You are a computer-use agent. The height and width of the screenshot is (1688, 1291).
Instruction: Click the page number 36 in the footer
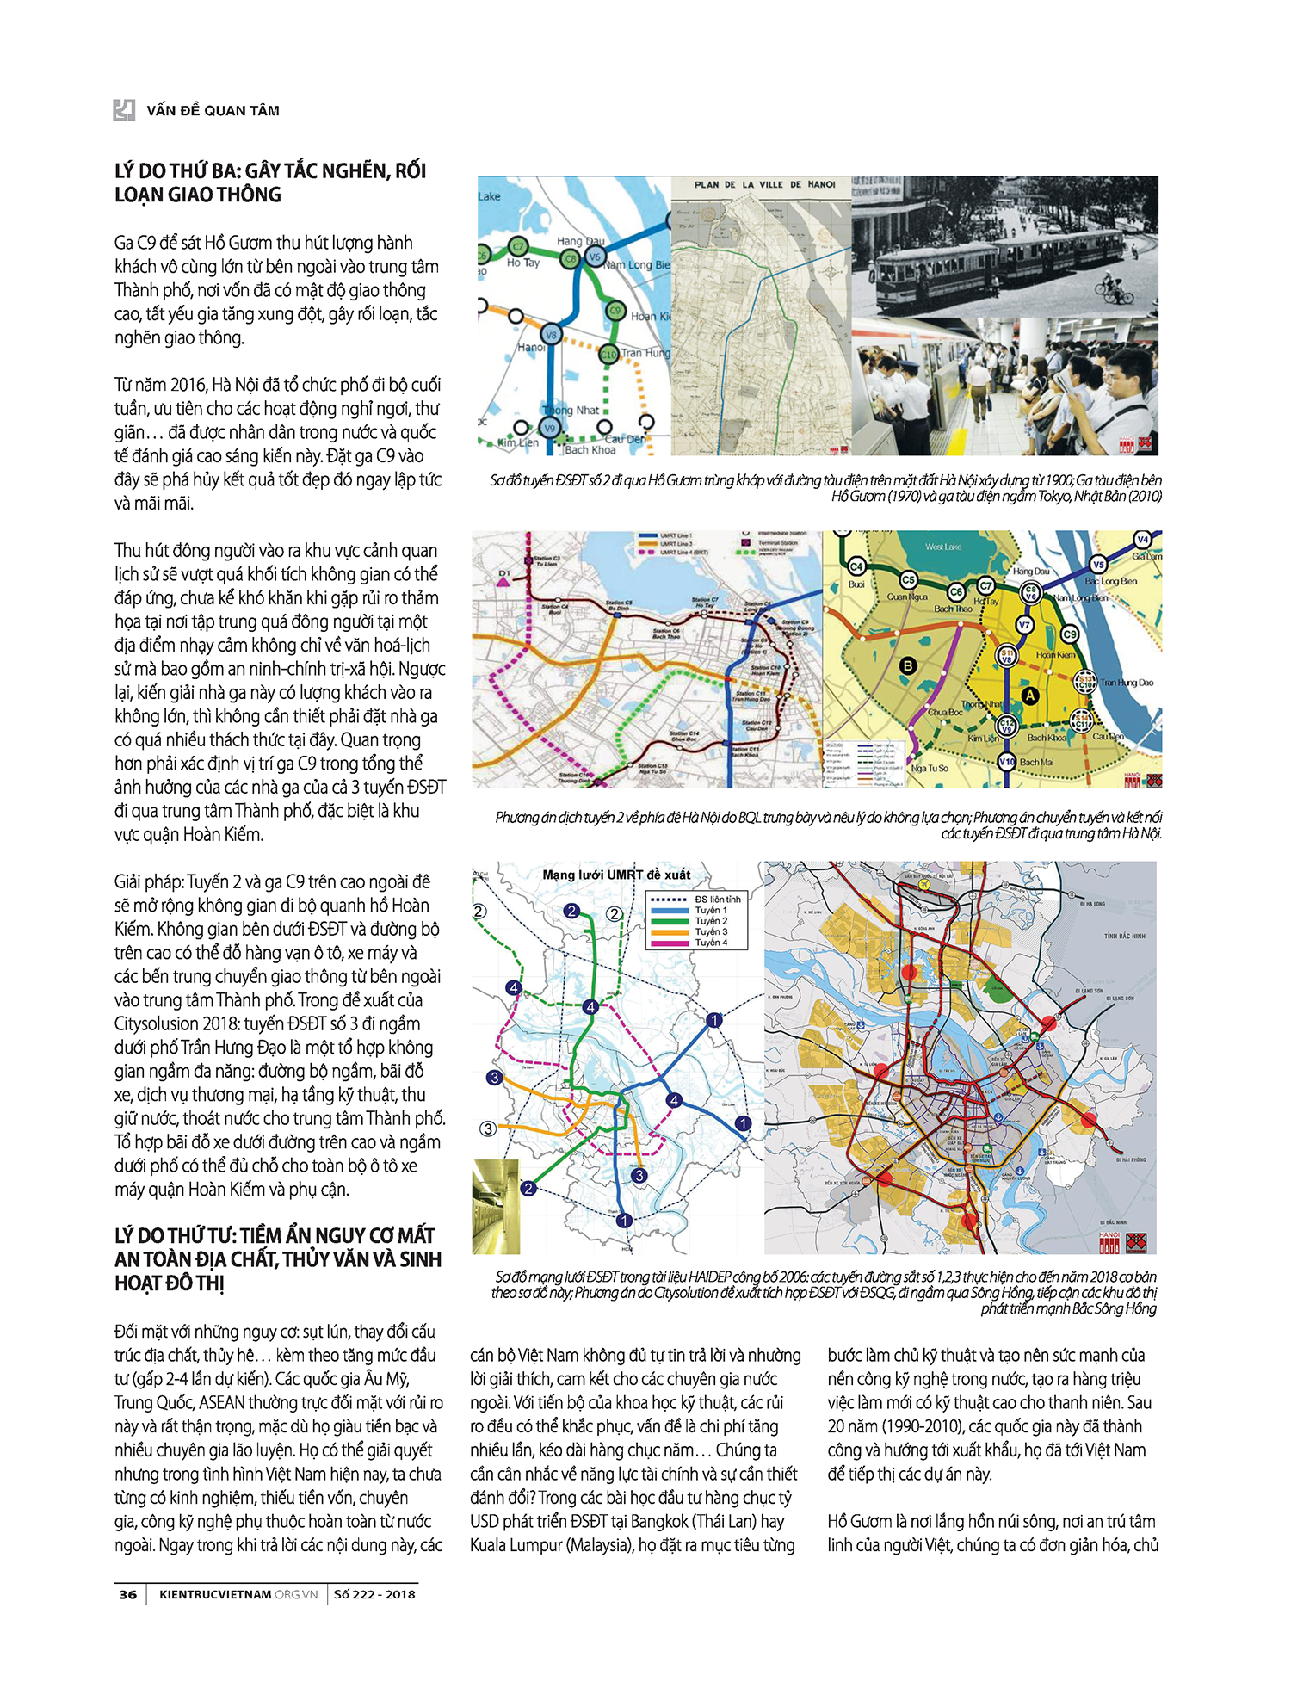[127, 1594]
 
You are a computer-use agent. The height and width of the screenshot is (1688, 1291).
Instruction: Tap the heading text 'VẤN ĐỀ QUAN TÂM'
[213, 110]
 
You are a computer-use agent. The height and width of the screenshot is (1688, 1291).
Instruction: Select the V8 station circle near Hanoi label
[551, 334]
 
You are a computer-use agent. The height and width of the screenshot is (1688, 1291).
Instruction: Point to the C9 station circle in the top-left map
[615, 311]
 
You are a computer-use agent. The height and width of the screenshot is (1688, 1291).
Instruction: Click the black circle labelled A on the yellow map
[1029, 696]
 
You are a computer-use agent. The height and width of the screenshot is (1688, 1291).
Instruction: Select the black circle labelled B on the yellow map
[907, 665]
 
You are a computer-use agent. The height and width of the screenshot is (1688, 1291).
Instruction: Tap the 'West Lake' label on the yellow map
[943, 547]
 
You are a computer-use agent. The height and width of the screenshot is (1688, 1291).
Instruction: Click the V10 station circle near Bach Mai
[1006, 762]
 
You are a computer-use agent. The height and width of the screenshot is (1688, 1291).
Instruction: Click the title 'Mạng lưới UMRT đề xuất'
[616, 875]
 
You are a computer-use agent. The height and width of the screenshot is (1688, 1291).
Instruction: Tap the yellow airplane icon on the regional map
[923, 884]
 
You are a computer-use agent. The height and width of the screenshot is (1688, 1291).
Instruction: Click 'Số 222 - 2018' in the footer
[374, 1594]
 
